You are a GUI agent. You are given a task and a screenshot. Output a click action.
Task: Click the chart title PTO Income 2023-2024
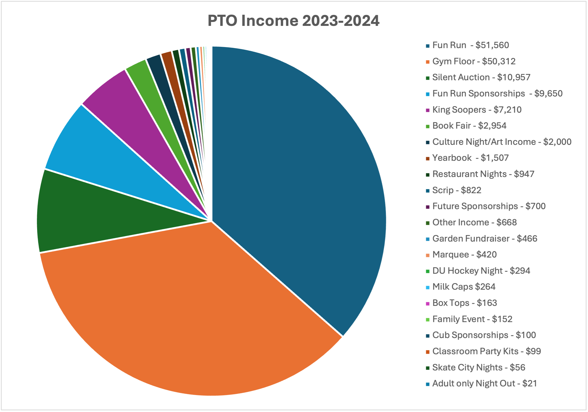tap(293, 21)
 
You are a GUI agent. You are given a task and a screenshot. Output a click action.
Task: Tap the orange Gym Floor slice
tap(183, 308)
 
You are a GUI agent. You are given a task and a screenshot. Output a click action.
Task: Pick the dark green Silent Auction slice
tap(105, 214)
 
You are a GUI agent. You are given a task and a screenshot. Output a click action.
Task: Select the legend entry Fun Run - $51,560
tap(470, 45)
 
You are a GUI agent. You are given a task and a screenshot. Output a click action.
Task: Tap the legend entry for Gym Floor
tap(474, 61)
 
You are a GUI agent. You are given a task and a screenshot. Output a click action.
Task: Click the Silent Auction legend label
tap(481, 77)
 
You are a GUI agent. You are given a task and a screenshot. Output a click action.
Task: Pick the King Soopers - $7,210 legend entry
tap(477, 110)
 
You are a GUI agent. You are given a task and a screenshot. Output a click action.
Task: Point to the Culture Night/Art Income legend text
tap(501, 142)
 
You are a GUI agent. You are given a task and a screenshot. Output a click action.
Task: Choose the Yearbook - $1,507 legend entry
tap(470, 158)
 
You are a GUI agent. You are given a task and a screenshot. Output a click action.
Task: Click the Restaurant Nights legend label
tap(483, 174)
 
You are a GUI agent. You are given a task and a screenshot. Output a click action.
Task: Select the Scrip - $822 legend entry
tap(457, 190)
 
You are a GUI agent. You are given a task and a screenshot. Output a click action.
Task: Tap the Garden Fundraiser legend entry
tap(485, 239)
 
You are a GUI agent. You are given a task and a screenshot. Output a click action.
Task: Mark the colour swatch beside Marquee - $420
tap(428, 255)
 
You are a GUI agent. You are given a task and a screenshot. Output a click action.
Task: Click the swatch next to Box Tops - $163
tap(428, 304)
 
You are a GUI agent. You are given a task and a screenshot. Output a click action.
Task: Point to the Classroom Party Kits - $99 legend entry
tap(486, 351)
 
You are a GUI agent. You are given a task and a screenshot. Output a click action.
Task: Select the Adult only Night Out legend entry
tap(484, 384)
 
